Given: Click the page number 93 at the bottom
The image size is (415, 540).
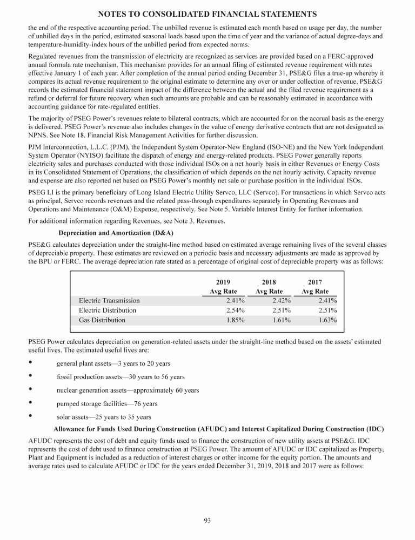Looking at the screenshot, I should [207, 521].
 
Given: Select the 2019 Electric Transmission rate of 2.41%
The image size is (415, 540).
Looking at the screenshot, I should [236, 301].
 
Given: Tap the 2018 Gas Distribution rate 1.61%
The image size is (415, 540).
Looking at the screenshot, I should [282, 320].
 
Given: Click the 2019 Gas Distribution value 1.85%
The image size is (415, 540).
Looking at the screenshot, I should [236, 320].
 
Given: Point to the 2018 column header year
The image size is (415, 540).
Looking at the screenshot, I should [269, 282].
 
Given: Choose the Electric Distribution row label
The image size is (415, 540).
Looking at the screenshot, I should [108, 310].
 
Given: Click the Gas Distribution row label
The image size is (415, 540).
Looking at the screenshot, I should [102, 320].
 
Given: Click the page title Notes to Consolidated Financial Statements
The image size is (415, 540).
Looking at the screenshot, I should [207, 13].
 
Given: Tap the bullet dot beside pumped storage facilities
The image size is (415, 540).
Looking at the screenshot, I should [30, 403].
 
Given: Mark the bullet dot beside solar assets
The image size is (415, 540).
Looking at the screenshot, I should [30, 416].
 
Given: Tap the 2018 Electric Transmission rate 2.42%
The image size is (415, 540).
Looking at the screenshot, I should [282, 301].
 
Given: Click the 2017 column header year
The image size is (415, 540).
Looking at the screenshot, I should [315, 282].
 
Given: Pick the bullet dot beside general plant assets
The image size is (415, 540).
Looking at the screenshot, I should [30, 363].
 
